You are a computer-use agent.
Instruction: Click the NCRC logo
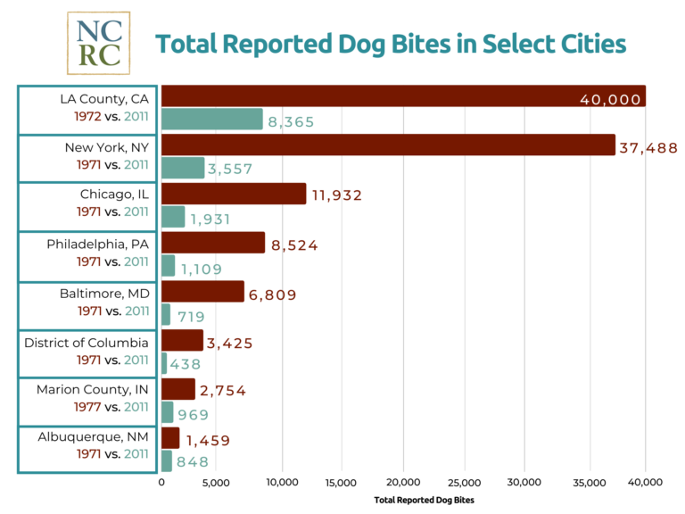[x=98, y=43]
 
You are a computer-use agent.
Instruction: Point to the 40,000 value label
[x=610, y=99]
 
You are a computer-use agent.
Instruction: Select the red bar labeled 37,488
[x=388, y=145]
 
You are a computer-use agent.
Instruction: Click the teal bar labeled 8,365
[x=212, y=120]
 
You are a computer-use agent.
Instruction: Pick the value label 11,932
[x=336, y=195]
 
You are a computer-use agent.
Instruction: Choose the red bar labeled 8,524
[x=213, y=243]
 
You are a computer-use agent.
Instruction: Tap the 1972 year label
[x=88, y=116]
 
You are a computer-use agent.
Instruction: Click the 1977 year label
[x=87, y=407]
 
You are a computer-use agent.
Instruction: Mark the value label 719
[x=190, y=316]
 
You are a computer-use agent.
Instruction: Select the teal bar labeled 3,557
[x=183, y=168]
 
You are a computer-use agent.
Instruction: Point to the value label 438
[x=185, y=364]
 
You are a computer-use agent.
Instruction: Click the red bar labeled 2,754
[x=178, y=389]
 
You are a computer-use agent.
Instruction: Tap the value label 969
[x=193, y=414]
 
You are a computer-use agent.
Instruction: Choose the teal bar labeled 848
[x=167, y=460]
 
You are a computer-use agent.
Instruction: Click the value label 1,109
[x=201, y=268]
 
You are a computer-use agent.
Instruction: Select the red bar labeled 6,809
[x=202, y=291]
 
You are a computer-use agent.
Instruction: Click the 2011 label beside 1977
[x=136, y=407]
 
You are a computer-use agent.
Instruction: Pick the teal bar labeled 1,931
[x=173, y=217]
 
